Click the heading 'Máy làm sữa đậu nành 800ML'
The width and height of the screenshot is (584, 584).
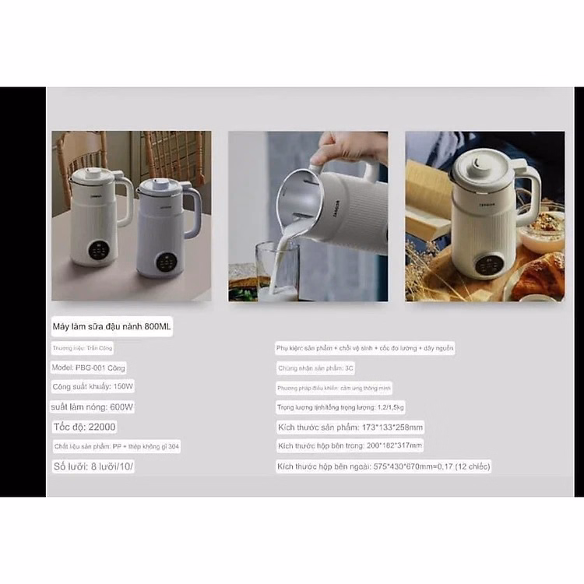(111, 326)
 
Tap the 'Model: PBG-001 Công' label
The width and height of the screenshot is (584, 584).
(89, 368)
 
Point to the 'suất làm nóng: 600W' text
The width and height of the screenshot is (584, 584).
(93, 406)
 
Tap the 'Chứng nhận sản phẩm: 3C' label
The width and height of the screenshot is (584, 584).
(315, 368)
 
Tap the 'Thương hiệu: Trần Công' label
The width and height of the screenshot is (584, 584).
(83, 348)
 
